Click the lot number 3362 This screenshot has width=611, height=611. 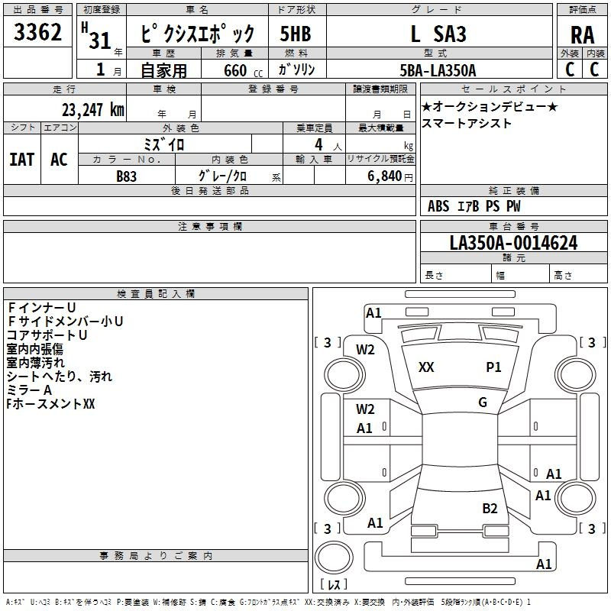coord(37,32)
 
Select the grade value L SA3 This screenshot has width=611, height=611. coord(438,34)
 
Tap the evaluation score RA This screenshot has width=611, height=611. coord(582,35)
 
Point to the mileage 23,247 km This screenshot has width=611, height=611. coord(93,110)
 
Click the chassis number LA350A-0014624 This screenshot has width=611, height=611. coord(513,243)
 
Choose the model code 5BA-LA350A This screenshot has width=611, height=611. coord(438,70)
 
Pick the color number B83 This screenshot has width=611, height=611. coord(127,176)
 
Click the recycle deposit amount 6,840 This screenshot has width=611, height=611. coord(384,176)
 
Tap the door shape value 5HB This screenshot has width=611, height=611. coord(296,34)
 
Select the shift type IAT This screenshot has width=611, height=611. coord(22,160)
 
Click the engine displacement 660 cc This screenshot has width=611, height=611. coord(243,70)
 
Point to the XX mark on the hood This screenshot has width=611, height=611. coord(426,367)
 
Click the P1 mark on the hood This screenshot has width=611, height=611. coord(493,367)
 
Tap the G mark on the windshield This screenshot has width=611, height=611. coord(483,402)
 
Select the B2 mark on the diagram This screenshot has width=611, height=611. coord(490,509)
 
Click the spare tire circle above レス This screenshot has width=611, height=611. coord(334,558)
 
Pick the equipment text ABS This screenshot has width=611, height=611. coord(438,206)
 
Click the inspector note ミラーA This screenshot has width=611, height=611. coord(29,390)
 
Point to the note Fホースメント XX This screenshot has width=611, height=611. coord(50,404)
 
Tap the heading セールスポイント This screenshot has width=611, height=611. coord(513,89)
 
